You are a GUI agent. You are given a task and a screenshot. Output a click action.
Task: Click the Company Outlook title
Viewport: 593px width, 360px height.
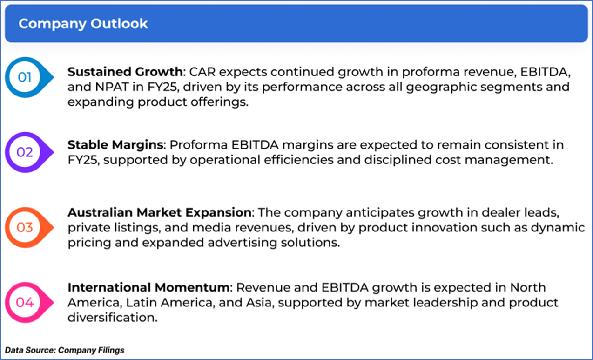[83, 24]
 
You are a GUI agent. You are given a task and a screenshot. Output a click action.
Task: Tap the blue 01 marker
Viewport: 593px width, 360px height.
[29, 77]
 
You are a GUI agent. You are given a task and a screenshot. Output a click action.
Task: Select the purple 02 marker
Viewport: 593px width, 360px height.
[29, 152]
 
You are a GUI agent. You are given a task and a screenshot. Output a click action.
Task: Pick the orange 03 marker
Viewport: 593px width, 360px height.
[29, 228]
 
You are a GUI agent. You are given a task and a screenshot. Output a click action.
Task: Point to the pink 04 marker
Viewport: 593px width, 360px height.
[29, 303]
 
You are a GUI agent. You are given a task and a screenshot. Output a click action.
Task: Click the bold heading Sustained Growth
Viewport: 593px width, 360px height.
[125, 72]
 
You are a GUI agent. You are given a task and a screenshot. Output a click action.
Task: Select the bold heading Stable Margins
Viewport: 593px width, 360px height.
[115, 145]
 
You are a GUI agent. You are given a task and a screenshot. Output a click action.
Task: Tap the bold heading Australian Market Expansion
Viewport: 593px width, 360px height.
[160, 212]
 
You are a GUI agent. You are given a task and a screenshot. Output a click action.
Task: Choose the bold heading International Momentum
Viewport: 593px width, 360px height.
[148, 287]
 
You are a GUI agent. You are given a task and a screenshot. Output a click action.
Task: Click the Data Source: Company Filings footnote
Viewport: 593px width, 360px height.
[65, 350]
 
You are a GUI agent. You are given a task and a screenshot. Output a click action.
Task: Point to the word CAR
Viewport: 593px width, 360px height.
[202, 72]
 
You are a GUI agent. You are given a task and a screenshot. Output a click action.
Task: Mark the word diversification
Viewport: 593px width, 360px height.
[113, 318]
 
